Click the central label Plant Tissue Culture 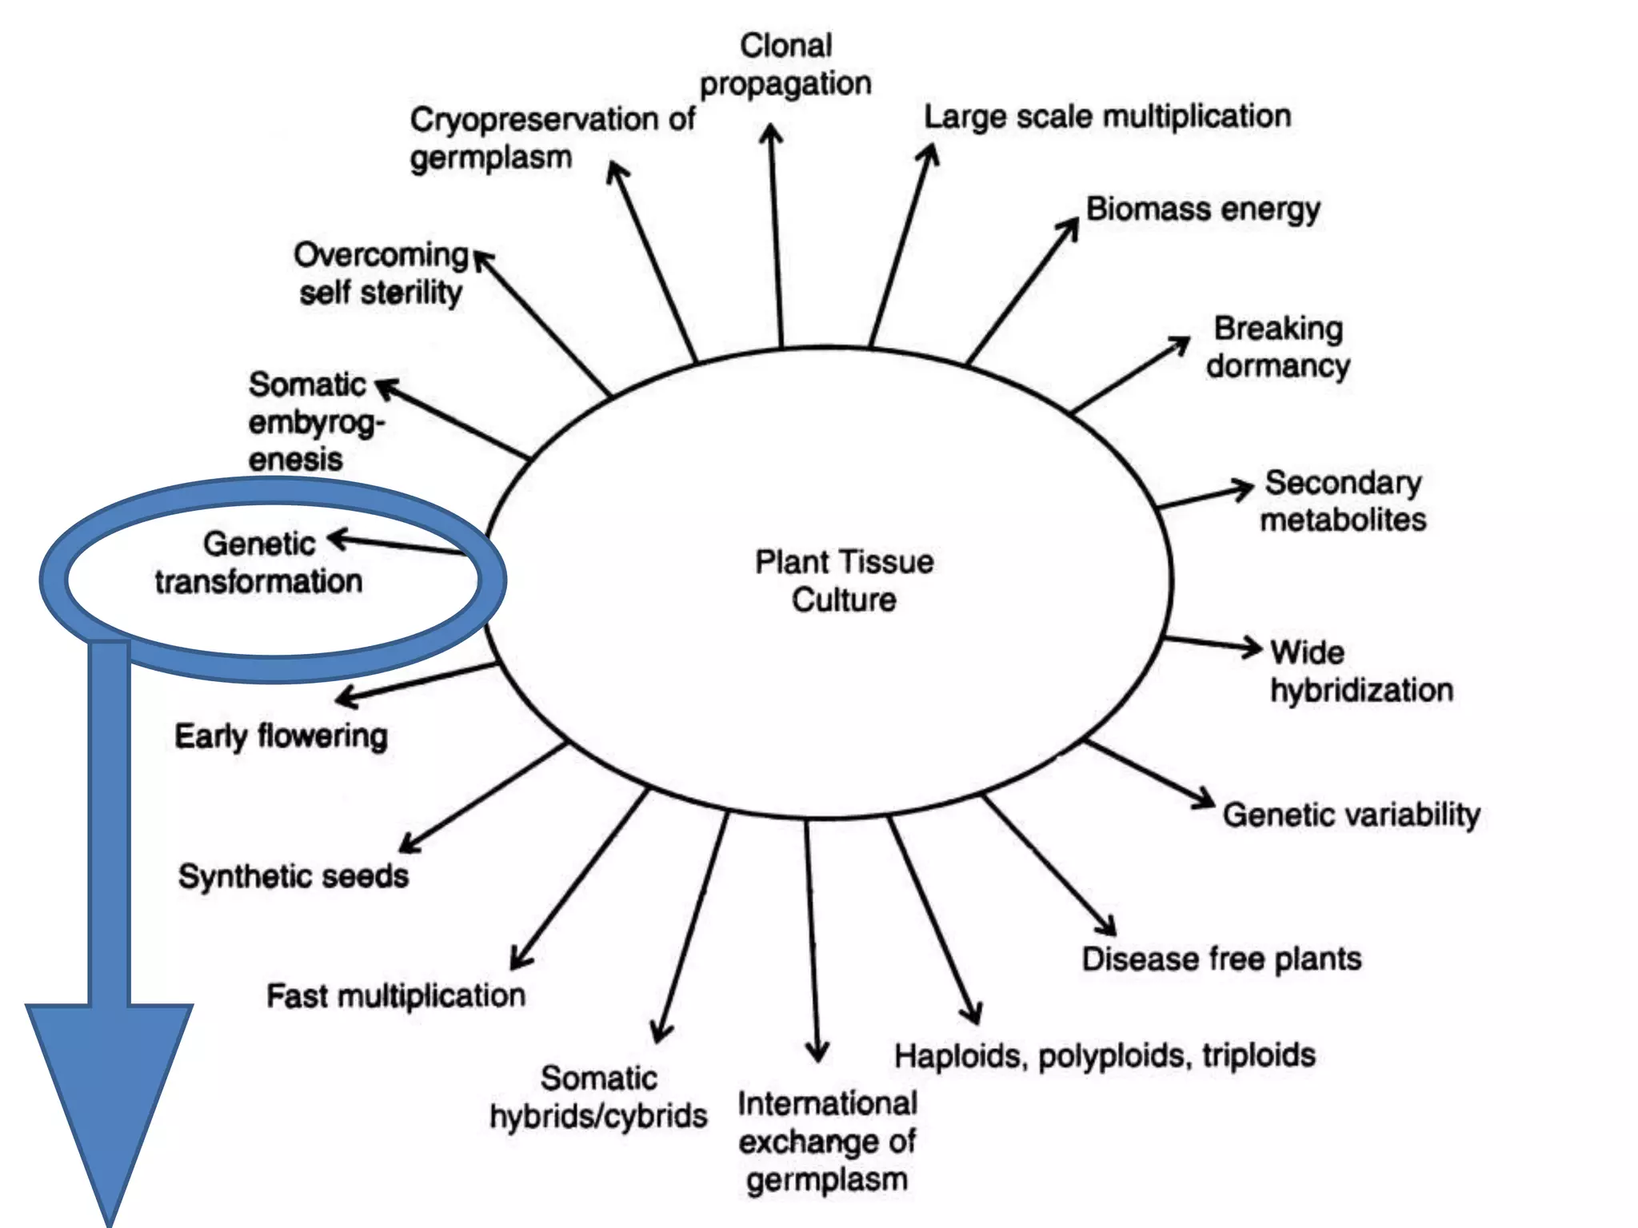(844, 580)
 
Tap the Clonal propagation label (785, 65)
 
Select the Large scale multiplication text (1107, 117)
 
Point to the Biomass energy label (1202, 209)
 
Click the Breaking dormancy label (1278, 347)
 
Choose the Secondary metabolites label (1343, 501)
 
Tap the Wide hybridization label (1360, 672)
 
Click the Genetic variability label (1351, 815)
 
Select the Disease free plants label (1221, 959)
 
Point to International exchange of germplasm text (827, 1141)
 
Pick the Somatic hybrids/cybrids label (598, 1097)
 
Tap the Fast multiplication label (396, 996)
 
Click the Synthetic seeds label (294, 876)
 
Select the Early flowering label (282, 736)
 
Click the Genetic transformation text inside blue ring (259, 563)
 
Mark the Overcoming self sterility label (381, 273)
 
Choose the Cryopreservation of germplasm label (552, 138)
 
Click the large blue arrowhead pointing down (110, 1103)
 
